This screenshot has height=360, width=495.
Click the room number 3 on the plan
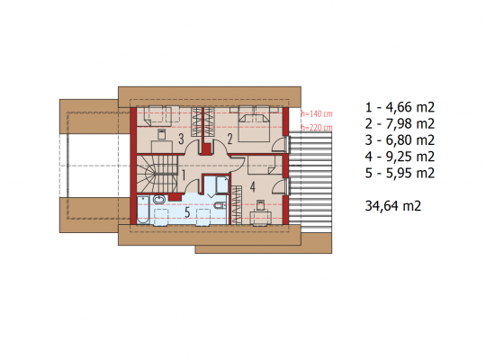click(181, 139)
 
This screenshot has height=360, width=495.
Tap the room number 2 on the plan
click(229, 139)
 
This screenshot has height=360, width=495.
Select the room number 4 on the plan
click(253, 187)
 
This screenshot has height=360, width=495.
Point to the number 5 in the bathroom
click(187, 212)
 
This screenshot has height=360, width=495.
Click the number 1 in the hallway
click(184, 175)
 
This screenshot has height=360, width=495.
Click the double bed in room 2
click(254, 124)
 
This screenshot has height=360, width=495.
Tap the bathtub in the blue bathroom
click(143, 210)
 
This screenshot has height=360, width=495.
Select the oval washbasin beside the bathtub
click(159, 200)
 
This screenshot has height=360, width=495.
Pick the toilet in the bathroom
click(220, 205)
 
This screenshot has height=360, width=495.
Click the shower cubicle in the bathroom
click(222, 184)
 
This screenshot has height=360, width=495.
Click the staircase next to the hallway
click(157, 174)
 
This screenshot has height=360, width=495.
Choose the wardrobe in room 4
click(237, 205)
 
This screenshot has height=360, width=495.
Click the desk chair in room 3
click(162, 133)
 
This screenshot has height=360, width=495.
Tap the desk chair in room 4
click(260, 205)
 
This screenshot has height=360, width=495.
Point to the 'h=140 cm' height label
click(317, 114)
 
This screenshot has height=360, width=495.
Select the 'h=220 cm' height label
click(317, 128)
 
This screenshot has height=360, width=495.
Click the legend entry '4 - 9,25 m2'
click(400, 157)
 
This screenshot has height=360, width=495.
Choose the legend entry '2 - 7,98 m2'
click(400, 124)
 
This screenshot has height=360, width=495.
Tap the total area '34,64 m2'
click(393, 206)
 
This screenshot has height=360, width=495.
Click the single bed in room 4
click(262, 165)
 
